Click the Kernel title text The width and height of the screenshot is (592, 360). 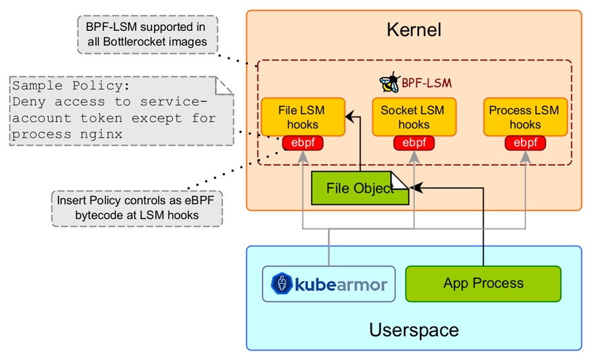(x=414, y=30)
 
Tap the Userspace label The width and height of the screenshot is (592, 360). (x=414, y=330)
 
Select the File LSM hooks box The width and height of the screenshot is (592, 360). (x=303, y=117)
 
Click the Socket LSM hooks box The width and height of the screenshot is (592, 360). (x=414, y=117)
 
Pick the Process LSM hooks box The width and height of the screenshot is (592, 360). (x=525, y=117)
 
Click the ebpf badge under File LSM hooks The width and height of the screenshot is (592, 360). (x=303, y=142)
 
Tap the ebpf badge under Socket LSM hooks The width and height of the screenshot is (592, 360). (x=414, y=142)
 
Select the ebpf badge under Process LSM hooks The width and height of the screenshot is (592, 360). (x=525, y=142)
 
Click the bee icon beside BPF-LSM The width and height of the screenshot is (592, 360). (x=389, y=83)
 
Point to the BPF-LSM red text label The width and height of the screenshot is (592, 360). (x=427, y=84)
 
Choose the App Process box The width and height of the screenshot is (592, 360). (x=483, y=284)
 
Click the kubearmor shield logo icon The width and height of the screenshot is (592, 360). (x=282, y=284)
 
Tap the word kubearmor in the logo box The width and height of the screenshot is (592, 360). (x=341, y=285)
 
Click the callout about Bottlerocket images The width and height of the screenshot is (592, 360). (x=147, y=34)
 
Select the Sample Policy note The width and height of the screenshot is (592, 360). (x=122, y=110)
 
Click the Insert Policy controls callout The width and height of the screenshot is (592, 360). (x=137, y=208)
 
